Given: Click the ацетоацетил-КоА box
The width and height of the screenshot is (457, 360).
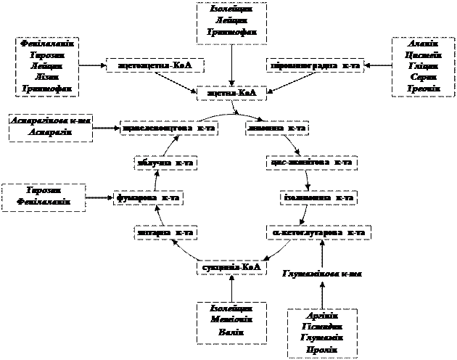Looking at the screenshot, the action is point(154,65).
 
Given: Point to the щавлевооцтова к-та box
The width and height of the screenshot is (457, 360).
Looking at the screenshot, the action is point(169,128).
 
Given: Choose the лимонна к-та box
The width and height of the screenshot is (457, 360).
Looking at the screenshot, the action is point(277,128).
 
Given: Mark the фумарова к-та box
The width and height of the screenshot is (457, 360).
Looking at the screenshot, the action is point(148,197).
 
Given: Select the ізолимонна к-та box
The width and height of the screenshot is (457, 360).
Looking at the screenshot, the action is point(318,197).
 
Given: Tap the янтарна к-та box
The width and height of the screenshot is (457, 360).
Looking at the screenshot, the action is point(166,232).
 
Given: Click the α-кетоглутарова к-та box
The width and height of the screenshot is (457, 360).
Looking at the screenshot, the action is point(318,232).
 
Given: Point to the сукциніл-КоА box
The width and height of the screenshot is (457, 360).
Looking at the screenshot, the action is point(228,267).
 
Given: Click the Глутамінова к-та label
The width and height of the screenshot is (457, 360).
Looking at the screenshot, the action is point(321,274).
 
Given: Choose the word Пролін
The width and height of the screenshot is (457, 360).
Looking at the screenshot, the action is point(323,349).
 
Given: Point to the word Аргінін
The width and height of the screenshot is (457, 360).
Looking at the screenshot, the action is point(323,316).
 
